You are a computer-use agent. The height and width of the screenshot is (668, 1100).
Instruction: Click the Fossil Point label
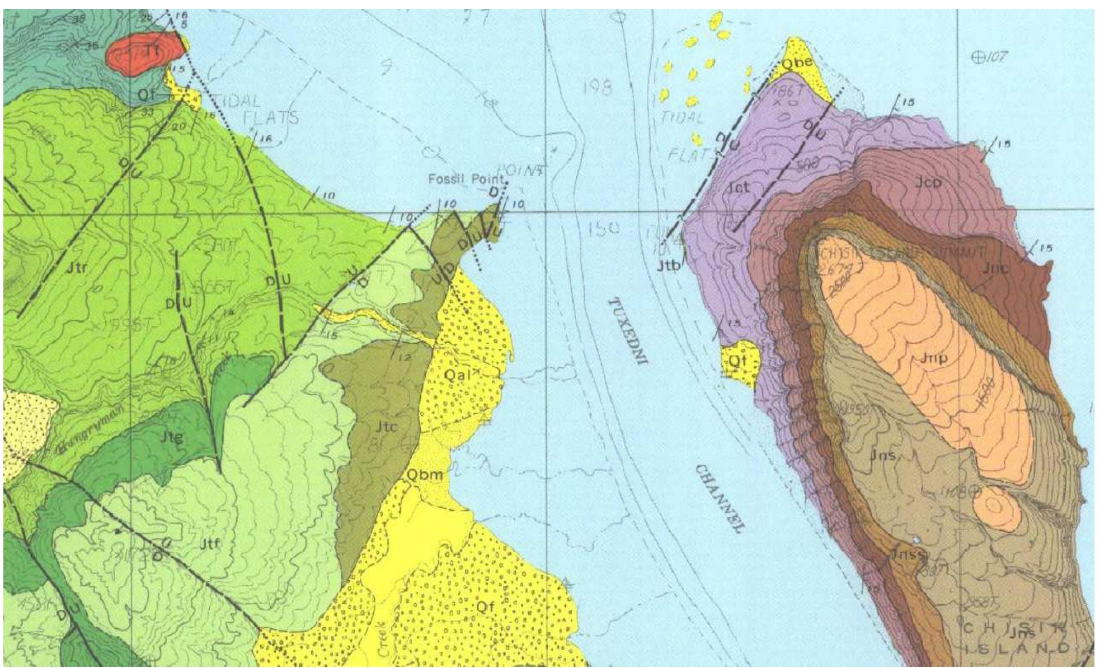(466, 179)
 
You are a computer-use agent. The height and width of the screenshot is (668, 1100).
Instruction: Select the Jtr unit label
(77, 269)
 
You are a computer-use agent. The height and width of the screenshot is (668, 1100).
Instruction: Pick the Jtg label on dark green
(171, 438)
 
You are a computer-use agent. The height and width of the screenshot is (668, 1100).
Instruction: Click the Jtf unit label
(209, 543)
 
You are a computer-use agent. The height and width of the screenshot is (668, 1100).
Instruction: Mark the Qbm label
(425, 475)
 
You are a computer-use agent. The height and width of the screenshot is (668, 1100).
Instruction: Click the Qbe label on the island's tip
(797, 63)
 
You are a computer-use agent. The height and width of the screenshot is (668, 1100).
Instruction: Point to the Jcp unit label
(928, 182)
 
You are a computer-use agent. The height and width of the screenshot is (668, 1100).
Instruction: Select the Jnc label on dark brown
(995, 268)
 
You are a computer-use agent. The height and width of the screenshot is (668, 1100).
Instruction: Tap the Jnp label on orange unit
(934, 358)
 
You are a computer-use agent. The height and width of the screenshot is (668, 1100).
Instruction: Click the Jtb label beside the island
(669, 266)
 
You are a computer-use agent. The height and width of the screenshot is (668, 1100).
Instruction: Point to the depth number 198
(598, 88)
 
